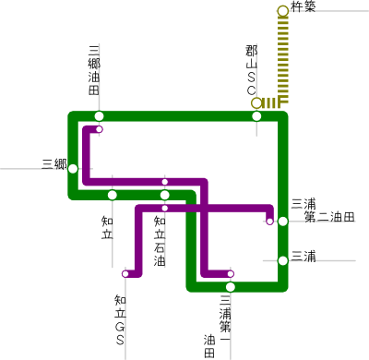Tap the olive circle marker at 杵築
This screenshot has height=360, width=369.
point(282,11)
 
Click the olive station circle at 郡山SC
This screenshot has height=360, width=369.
point(256,102)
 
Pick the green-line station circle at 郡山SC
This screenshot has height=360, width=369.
point(256,116)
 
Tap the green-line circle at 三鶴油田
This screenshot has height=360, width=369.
point(99,116)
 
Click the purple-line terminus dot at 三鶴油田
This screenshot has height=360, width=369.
point(99,129)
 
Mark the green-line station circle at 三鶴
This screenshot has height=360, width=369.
point(73,169)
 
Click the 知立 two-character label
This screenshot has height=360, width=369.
point(105,225)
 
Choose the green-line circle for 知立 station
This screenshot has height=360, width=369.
point(112,195)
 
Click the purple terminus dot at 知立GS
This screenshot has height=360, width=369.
point(125,273)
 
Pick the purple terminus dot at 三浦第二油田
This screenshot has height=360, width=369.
point(269,221)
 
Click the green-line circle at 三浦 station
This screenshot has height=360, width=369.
point(282,260)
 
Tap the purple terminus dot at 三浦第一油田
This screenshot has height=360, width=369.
point(231,273)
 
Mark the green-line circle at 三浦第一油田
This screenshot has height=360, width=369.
point(231,286)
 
